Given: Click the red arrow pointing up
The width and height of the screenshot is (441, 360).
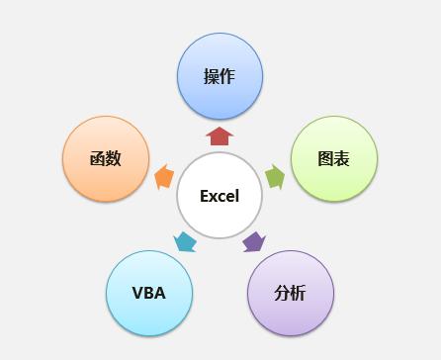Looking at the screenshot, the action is click(x=220, y=136).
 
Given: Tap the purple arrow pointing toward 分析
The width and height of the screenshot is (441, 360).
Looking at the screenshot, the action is click(x=254, y=241).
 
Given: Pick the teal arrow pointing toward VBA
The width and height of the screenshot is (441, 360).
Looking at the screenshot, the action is click(x=185, y=240).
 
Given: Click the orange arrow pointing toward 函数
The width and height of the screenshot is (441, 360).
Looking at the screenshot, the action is click(x=164, y=177).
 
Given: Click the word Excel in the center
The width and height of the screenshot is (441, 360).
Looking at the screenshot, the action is click(x=220, y=196).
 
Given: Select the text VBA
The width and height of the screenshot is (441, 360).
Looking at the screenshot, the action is click(x=148, y=293).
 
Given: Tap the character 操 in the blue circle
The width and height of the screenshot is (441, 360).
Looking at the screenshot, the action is click(x=212, y=77).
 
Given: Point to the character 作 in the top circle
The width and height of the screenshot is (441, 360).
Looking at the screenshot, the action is click(x=227, y=77).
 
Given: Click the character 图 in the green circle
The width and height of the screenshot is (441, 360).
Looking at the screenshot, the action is click(x=326, y=159).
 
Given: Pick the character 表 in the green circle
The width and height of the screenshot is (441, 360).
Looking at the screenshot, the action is click(x=342, y=159).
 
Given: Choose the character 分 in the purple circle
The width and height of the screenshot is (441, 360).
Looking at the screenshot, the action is click(x=283, y=293).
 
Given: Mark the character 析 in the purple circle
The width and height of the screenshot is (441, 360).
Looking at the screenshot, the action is click(x=299, y=293).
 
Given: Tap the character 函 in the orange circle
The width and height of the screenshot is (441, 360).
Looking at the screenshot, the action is click(x=97, y=158).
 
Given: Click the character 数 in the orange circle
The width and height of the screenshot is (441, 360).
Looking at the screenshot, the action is click(x=113, y=158).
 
